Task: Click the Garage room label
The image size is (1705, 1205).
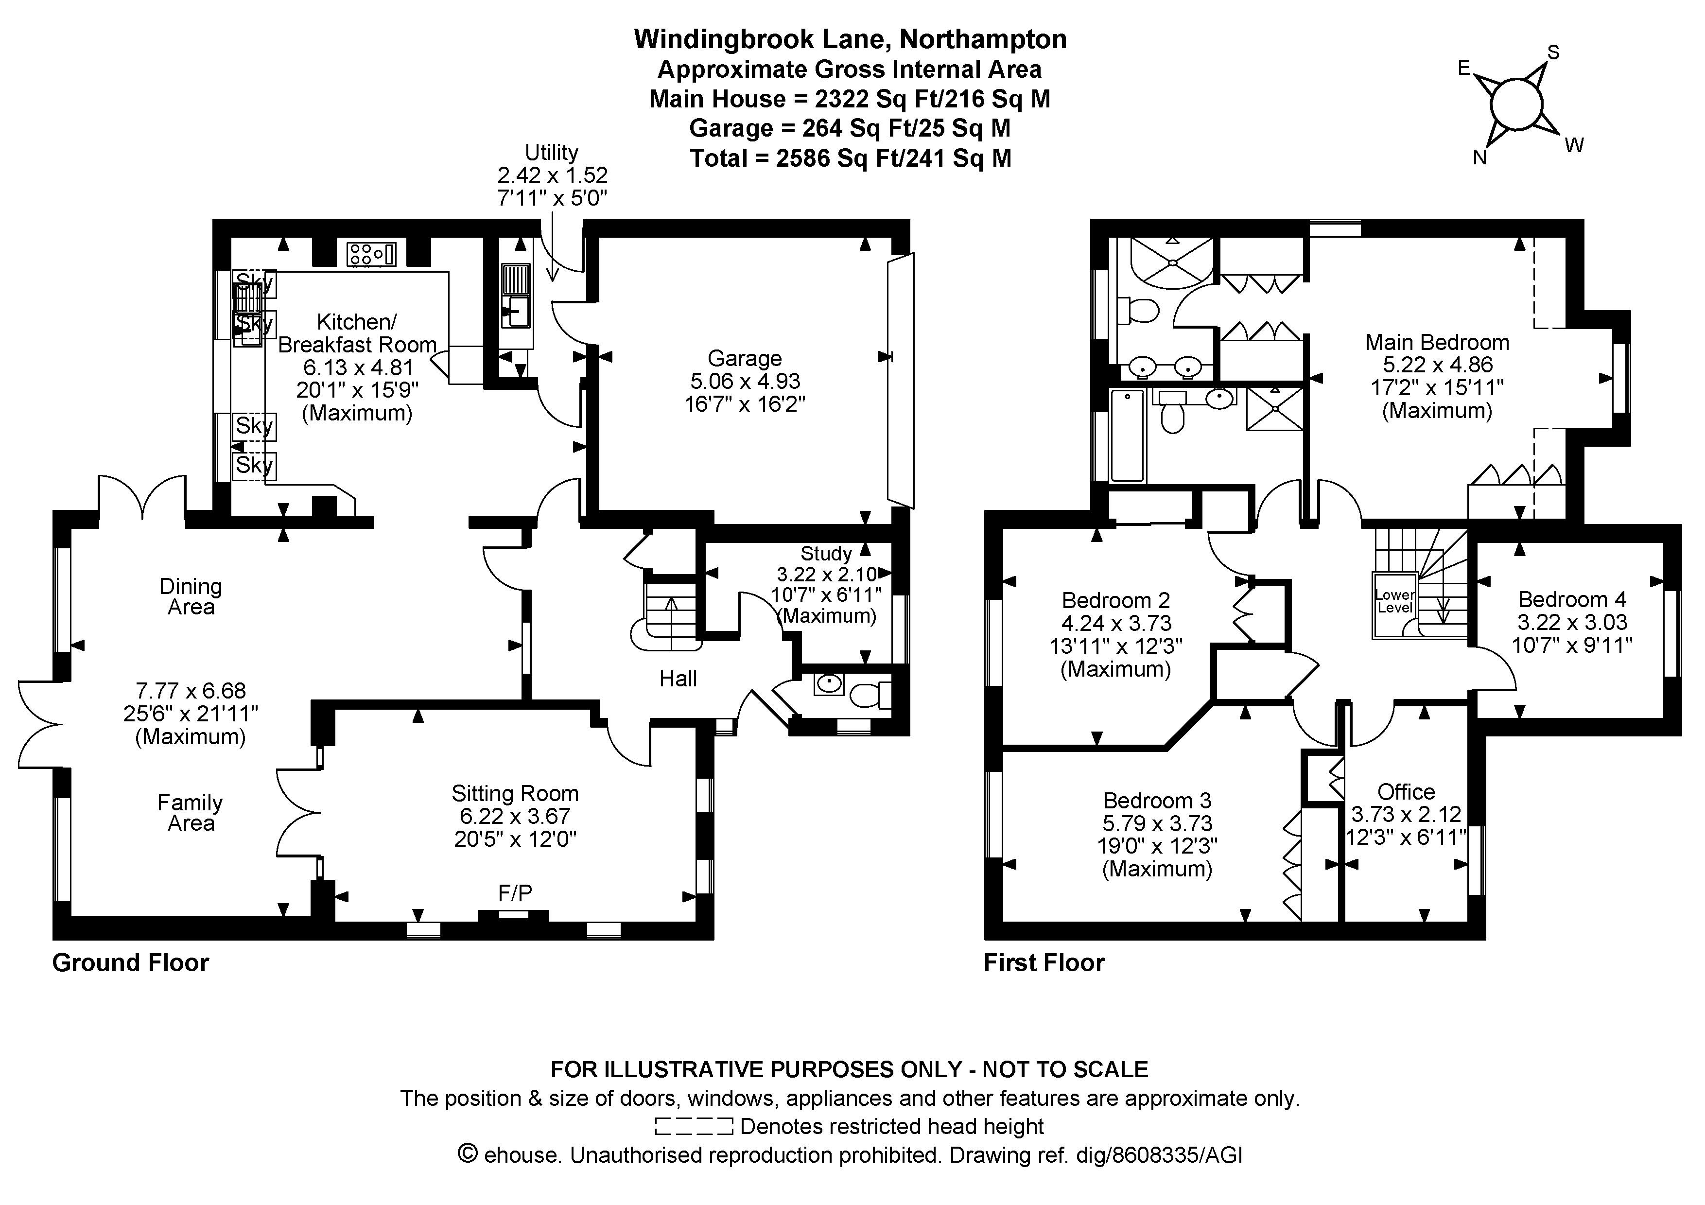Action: (x=744, y=359)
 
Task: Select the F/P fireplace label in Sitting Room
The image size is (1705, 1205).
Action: (x=515, y=893)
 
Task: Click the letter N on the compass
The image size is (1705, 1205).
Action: (x=1479, y=158)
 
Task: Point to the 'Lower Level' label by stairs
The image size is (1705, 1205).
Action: (x=1394, y=601)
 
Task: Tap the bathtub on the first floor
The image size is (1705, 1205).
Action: (x=1127, y=436)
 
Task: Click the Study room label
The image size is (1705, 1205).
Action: (x=826, y=554)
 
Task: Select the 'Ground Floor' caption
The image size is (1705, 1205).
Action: (x=131, y=963)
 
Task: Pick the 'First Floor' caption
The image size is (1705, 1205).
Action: (x=1044, y=963)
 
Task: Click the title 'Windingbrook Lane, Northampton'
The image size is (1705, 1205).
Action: (x=850, y=39)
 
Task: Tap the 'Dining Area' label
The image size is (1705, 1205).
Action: (x=191, y=597)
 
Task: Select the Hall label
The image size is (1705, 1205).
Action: (x=678, y=679)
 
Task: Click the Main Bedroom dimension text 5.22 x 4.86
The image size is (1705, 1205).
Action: (x=1437, y=365)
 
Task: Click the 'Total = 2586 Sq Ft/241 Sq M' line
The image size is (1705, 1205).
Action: (x=850, y=158)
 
